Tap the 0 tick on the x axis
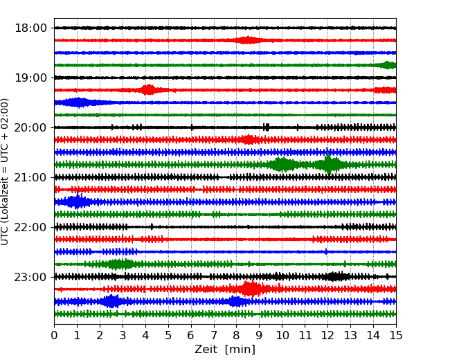54,336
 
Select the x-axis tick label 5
168,336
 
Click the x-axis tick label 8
237,336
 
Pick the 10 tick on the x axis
282,336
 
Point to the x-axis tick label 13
350,336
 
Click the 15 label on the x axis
396,336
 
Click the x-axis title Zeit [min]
224,350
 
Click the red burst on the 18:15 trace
248,40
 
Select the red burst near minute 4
148,90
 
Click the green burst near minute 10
281,164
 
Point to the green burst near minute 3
120,264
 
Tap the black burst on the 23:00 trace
337,276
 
